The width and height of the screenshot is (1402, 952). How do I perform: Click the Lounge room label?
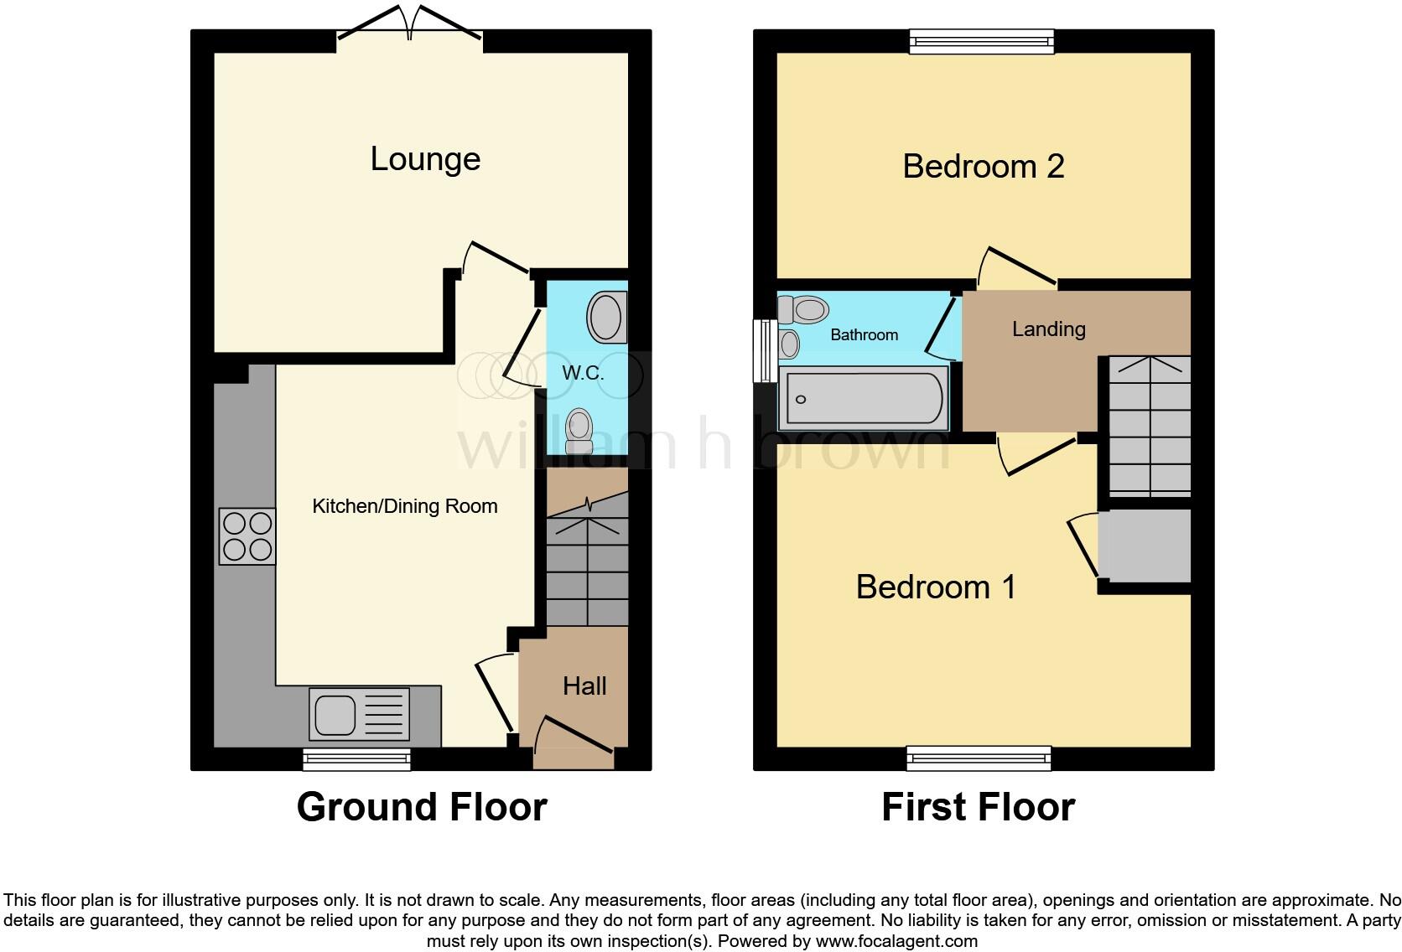(x=425, y=159)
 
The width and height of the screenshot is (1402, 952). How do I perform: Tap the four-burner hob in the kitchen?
(x=247, y=536)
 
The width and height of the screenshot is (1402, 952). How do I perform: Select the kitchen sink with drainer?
(x=359, y=714)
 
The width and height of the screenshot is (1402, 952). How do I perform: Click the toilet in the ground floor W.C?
(x=579, y=431)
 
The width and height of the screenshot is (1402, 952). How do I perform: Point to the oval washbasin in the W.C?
(x=607, y=317)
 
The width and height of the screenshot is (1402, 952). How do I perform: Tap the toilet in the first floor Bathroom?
(x=803, y=310)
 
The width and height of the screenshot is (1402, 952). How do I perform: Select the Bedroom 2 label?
(x=983, y=167)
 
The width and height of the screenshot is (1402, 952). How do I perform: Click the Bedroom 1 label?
(x=936, y=587)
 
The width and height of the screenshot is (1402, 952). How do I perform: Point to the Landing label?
(x=1048, y=329)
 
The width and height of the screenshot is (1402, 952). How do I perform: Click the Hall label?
(x=584, y=686)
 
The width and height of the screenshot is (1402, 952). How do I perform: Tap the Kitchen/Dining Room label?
(x=404, y=506)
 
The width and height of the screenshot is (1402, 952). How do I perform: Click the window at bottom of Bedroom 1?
(x=979, y=759)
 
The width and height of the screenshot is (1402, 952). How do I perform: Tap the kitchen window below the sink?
(x=357, y=759)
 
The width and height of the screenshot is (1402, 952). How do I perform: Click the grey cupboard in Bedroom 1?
(x=1145, y=546)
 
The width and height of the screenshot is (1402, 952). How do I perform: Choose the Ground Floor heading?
(x=422, y=807)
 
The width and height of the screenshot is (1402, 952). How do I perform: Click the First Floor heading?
(x=978, y=807)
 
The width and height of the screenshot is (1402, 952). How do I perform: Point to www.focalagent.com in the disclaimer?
(x=896, y=941)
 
